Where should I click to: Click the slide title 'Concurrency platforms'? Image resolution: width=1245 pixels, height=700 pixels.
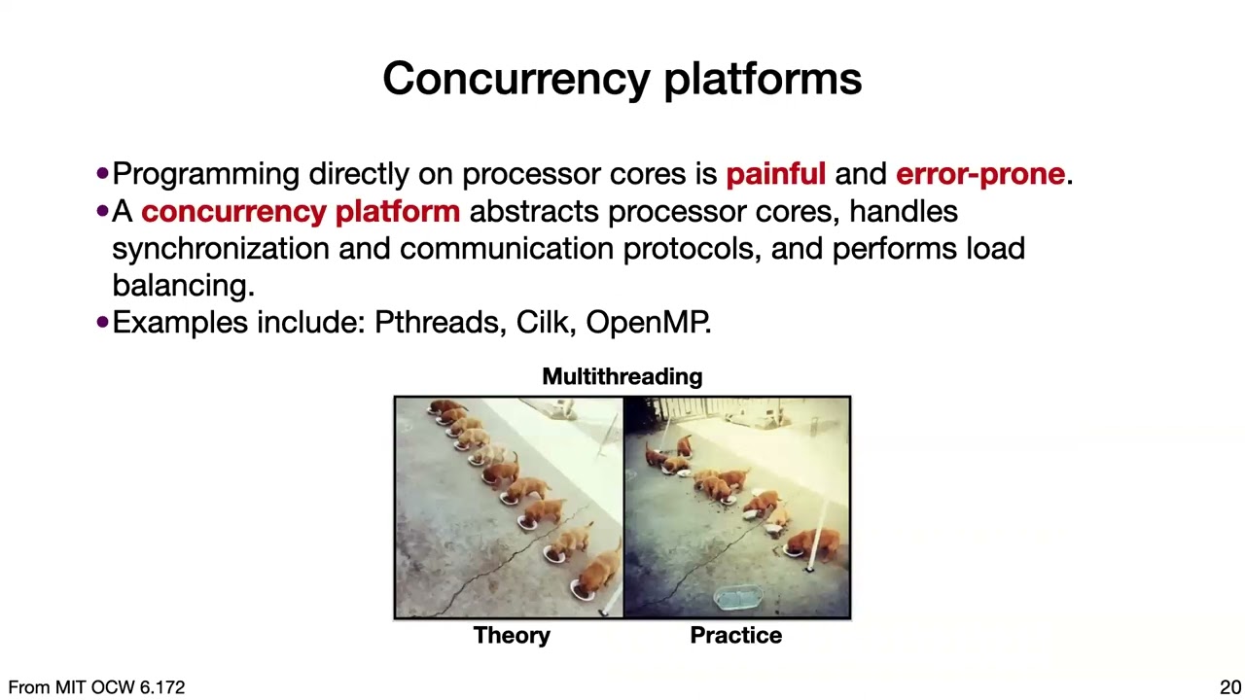[x=622, y=79]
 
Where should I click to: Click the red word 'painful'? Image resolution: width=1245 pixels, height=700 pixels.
[x=775, y=174]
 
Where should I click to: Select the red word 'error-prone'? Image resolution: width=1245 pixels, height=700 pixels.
[x=979, y=174]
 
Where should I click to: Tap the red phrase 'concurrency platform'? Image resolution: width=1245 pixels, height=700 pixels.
[x=300, y=211]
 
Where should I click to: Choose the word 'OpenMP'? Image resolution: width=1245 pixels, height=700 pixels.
[x=647, y=322]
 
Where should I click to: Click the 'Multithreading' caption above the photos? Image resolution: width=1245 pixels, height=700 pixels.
[x=622, y=376]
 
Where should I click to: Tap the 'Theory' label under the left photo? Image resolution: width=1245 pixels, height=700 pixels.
[x=512, y=635]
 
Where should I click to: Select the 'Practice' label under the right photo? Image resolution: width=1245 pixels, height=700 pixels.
[x=735, y=635]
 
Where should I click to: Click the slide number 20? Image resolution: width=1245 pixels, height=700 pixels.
[x=1229, y=687]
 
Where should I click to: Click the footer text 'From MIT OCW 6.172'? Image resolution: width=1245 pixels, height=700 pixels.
[x=96, y=687]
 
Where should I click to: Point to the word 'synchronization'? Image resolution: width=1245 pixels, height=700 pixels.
[x=220, y=248]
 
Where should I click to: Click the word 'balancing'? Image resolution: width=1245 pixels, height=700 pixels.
[x=182, y=285]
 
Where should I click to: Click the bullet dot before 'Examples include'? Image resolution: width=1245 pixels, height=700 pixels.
[x=103, y=322]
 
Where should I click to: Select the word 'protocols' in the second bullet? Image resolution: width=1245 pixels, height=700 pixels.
[x=692, y=248]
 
